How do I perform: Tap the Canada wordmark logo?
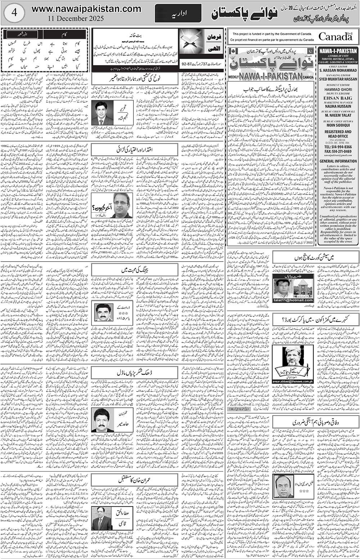tap(335, 36)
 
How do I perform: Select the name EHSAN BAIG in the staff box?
tap(338, 97)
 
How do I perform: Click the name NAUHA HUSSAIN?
tap(338, 107)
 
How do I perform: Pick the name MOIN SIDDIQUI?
tap(338, 126)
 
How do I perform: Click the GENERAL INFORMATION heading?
tap(338, 161)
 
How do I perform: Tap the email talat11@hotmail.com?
tap(293, 300)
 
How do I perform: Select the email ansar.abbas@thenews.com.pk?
tap(293, 381)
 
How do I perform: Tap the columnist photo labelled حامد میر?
tap(102, 420)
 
